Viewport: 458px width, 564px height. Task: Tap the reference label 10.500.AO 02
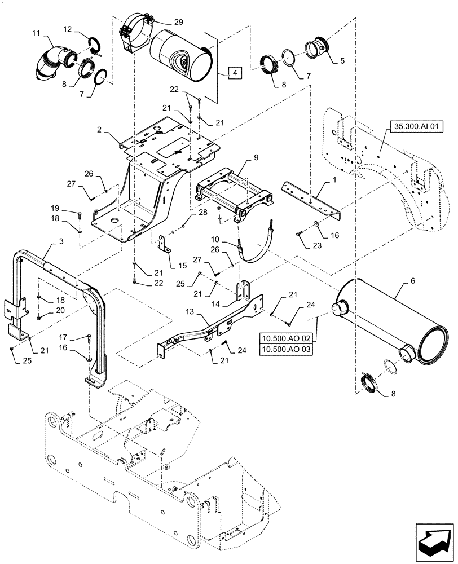tap(289, 338)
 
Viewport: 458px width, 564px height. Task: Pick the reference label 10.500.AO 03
tap(289, 350)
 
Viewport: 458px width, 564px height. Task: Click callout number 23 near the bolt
tap(298, 245)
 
